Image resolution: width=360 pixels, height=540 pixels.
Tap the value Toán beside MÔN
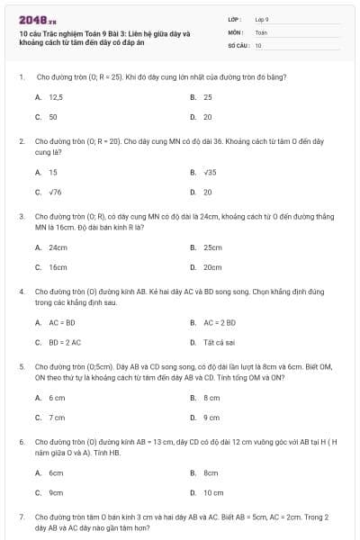(x=261, y=31)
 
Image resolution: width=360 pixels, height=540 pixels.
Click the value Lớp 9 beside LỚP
(x=262, y=19)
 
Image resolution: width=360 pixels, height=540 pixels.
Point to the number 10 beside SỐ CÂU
(x=258, y=44)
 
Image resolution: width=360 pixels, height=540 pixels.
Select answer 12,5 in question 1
(x=55, y=96)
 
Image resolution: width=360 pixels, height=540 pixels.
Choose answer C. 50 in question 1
(x=53, y=117)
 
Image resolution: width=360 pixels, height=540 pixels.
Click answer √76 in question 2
(x=55, y=192)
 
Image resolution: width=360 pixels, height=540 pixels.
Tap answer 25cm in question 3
(x=212, y=247)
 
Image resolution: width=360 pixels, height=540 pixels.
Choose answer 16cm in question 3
(x=58, y=267)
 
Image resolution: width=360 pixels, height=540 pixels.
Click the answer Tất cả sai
(x=220, y=342)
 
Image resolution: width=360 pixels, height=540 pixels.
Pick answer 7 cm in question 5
(x=57, y=417)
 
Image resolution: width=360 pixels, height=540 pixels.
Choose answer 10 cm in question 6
(x=213, y=492)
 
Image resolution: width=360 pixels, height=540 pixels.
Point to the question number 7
(x=21, y=517)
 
